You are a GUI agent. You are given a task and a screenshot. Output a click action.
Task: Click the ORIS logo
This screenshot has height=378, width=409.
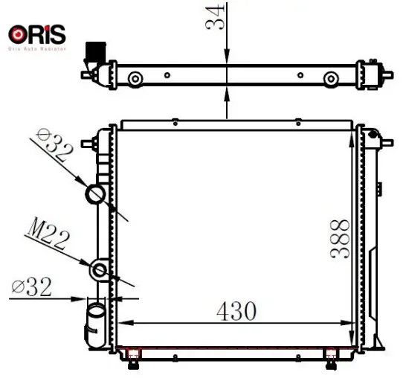(36, 34)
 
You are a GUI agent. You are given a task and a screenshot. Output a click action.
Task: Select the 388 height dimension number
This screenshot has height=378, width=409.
(340, 237)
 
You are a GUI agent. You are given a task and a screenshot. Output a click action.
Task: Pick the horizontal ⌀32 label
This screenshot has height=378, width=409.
(32, 286)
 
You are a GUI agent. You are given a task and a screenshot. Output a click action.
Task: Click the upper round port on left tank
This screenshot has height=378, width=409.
(97, 195)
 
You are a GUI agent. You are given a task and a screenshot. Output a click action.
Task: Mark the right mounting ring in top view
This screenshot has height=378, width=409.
(329, 78)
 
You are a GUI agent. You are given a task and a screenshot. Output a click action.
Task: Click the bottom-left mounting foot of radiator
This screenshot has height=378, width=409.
(134, 361)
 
